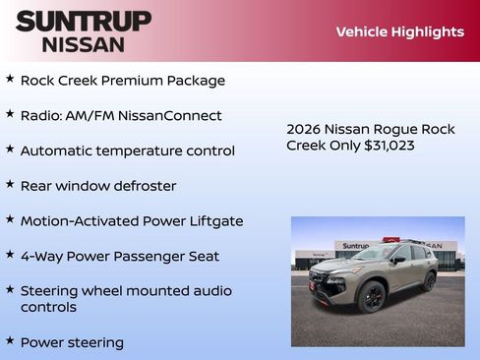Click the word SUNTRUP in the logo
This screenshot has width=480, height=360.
pyautogui.click(x=84, y=21)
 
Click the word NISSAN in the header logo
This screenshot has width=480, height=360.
pyautogui.click(x=84, y=43)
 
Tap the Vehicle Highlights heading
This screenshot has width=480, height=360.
pyautogui.click(x=399, y=31)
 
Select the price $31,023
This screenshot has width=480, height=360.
pyautogui.click(x=388, y=146)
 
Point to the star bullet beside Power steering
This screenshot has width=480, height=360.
pyautogui.click(x=10, y=340)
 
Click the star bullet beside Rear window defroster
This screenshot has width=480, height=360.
pyautogui.click(x=10, y=183)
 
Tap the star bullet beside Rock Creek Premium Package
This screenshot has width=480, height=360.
pyautogui.click(x=10, y=78)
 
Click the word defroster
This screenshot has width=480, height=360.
pyautogui.click(x=144, y=186)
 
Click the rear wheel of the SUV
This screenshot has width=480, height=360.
pyautogui.click(x=429, y=281)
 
